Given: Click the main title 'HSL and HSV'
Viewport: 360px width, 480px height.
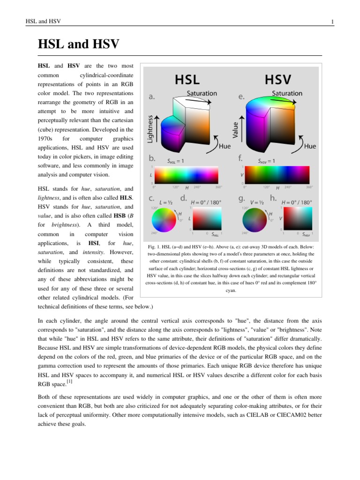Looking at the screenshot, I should pos(79,45).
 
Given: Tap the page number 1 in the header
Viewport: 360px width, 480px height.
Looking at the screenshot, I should pos(332,22).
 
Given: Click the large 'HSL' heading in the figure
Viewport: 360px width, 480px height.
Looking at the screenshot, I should pos(187,79).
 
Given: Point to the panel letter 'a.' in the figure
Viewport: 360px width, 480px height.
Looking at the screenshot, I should pos(152,97).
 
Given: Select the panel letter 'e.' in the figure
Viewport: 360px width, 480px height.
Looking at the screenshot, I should pos(241,97).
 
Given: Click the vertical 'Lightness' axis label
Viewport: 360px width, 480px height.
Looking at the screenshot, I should pos(150,128).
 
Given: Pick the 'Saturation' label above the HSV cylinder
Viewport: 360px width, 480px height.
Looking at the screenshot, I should pos(287,93).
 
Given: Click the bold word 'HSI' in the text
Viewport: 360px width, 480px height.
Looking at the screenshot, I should pos(94,243).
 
